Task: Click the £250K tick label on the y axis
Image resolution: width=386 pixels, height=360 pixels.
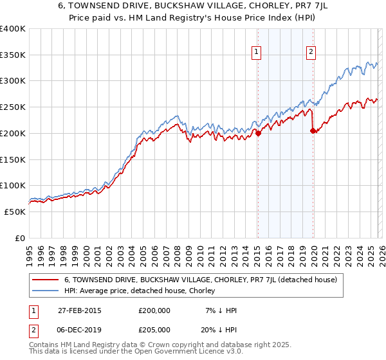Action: (x=13, y=107)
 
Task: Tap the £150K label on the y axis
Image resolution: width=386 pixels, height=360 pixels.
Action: (x=13, y=159)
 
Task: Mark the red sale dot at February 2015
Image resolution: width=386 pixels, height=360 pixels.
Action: (x=258, y=133)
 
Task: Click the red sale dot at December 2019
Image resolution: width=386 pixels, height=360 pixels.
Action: (x=313, y=130)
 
